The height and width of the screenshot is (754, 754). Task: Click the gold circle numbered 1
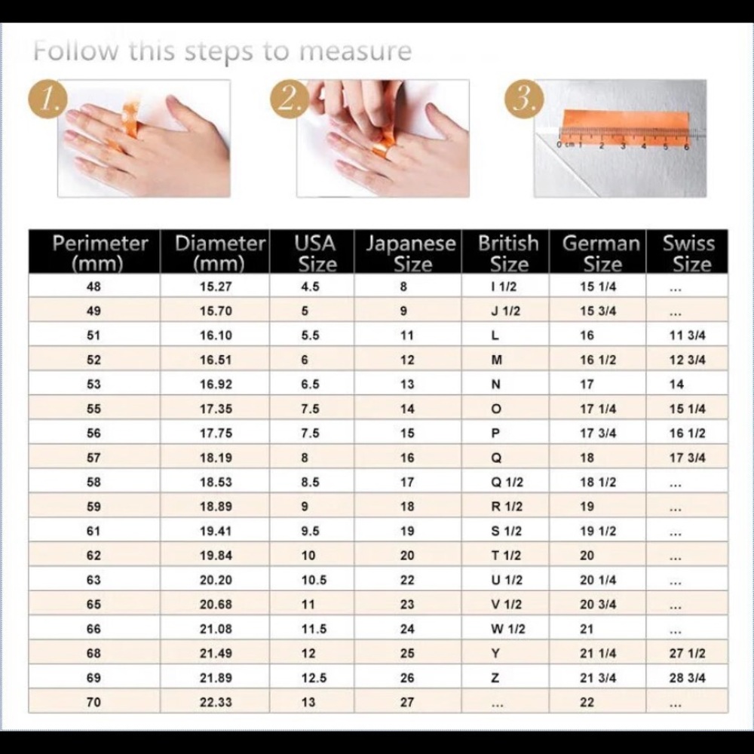tap(48, 99)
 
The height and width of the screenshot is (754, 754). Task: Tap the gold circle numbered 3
tap(524, 99)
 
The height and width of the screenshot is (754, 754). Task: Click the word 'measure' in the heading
tap(355, 51)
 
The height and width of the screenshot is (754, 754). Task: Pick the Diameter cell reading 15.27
tap(216, 287)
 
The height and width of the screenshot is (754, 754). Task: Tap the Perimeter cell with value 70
tap(93, 702)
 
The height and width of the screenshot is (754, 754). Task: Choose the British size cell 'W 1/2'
tap(507, 629)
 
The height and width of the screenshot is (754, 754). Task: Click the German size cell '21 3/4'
tap(598, 678)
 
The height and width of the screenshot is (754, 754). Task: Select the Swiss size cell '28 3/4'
tap(687, 678)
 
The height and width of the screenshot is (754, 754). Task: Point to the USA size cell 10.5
tap(314, 580)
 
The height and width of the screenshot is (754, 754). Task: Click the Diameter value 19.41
tap(216, 531)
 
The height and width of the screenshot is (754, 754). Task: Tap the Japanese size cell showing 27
tap(407, 702)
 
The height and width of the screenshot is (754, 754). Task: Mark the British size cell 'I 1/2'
tap(504, 287)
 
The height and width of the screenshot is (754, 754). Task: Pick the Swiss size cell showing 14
tap(676, 385)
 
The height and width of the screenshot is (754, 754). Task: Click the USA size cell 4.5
tap(310, 287)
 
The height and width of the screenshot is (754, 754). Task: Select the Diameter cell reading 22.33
tap(216, 702)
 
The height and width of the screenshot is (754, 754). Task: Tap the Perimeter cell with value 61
tap(93, 531)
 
